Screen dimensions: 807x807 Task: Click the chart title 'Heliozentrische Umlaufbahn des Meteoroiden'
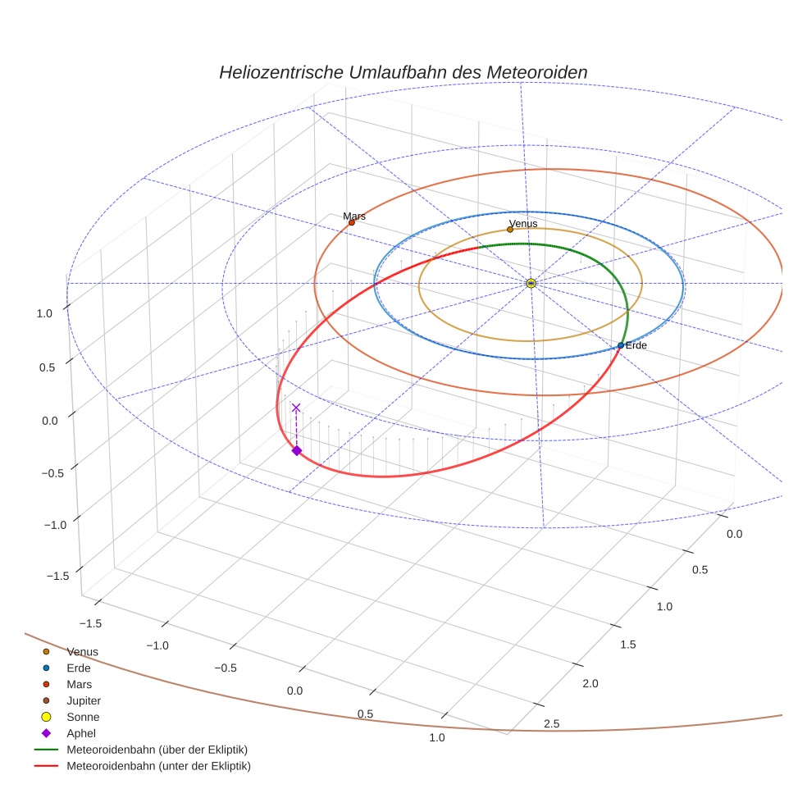point(403,72)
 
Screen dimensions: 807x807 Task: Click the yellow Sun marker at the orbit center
point(531,283)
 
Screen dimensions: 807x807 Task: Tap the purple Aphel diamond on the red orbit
point(296,450)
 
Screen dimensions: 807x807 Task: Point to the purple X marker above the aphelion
point(296,408)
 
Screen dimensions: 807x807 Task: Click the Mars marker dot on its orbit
point(351,222)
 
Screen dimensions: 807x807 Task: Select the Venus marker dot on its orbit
point(510,230)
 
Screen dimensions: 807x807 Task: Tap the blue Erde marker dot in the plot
point(621,345)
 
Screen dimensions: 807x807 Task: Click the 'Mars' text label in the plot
point(354,216)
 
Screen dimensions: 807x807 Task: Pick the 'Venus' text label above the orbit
point(523,223)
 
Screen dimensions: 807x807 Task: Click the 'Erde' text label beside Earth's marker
point(636,346)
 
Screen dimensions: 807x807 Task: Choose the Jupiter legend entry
point(83,700)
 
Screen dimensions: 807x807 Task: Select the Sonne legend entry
point(83,717)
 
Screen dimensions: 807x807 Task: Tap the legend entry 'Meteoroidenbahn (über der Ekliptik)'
point(157,750)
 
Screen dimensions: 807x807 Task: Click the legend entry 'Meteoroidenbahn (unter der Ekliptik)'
point(158,766)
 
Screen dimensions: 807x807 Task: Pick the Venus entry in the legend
point(82,651)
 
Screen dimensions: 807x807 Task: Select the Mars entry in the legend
point(79,684)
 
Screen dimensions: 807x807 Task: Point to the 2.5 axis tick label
point(551,723)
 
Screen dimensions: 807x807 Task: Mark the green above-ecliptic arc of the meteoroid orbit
point(574,249)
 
